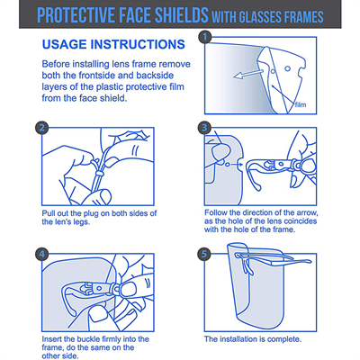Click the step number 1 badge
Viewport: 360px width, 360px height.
coord(205,38)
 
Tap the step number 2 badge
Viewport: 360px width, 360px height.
coord(42,128)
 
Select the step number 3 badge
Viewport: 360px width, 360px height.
coord(204,128)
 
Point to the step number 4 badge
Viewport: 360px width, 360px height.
coord(42,255)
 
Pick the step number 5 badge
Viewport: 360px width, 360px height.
coord(204,255)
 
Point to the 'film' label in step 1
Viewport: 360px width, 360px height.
coord(301,105)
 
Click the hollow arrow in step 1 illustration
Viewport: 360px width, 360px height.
coord(248,74)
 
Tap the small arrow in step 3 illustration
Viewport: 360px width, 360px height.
coord(237,165)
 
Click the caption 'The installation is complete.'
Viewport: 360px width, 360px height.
coord(253,339)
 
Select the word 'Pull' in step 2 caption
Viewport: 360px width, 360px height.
coord(48,213)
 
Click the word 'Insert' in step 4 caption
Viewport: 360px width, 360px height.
coord(52,339)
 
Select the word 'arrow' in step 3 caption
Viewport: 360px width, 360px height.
coord(307,212)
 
